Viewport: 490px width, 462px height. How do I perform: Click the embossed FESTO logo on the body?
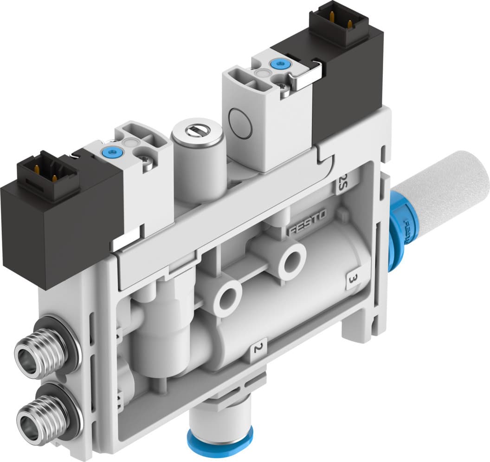307,222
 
